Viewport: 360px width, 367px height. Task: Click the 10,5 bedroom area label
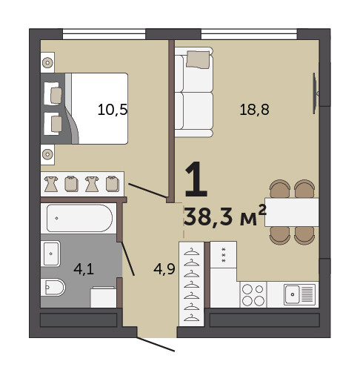coord(113,110)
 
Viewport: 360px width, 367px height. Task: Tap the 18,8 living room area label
coord(254,110)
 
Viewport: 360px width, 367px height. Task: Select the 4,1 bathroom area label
coord(84,269)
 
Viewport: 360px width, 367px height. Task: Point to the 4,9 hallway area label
coord(164,268)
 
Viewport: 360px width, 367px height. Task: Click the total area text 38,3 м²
coord(225,216)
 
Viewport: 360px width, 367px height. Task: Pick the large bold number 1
coord(196,179)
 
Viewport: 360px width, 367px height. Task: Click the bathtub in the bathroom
coord(79,218)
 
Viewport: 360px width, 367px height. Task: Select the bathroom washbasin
coord(50,254)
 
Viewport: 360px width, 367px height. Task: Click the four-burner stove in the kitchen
coord(253,294)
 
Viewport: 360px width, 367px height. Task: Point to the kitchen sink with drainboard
coord(299,294)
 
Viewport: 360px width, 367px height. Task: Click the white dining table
coord(292,212)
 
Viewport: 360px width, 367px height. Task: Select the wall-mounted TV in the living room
coord(315,93)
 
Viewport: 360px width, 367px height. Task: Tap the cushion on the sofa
coord(198,59)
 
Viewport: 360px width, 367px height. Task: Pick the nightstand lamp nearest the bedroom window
coord(47,62)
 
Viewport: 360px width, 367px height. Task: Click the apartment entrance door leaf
coord(156,344)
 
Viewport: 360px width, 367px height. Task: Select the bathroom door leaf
coord(127,259)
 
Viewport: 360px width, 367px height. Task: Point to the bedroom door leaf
coord(147,191)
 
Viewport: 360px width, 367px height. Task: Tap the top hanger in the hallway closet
coord(192,252)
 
